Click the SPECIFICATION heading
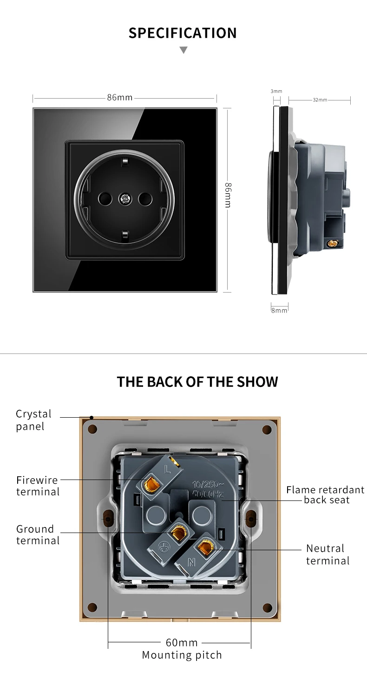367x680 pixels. click(x=183, y=33)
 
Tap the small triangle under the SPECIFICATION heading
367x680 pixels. click(x=183, y=50)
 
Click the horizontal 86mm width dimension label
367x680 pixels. click(x=120, y=98)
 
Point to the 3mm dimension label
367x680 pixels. click(x=276, y=91)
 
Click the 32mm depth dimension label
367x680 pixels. click(x=320, y=100)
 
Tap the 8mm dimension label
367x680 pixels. click(x=279, y=310)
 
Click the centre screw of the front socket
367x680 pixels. click(x=125, y=200)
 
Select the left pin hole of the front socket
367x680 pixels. click(x=104, y=200)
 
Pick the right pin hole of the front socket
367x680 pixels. click(x=145, y=200)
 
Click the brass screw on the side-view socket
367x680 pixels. click(x=333, y=243)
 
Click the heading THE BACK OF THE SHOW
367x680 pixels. click(x=197, y=382)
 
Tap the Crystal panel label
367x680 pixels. click(x=33, y=420)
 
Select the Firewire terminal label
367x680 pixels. click(x=38, y=486)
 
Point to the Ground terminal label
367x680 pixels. click(x=38, y=534)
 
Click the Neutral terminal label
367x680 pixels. click(x=328, y=554)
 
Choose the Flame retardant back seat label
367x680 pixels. click(x=325, y=494)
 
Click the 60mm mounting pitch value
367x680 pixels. click(x=182, y=643)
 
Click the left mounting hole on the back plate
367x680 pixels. click(x=108, y=518)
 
